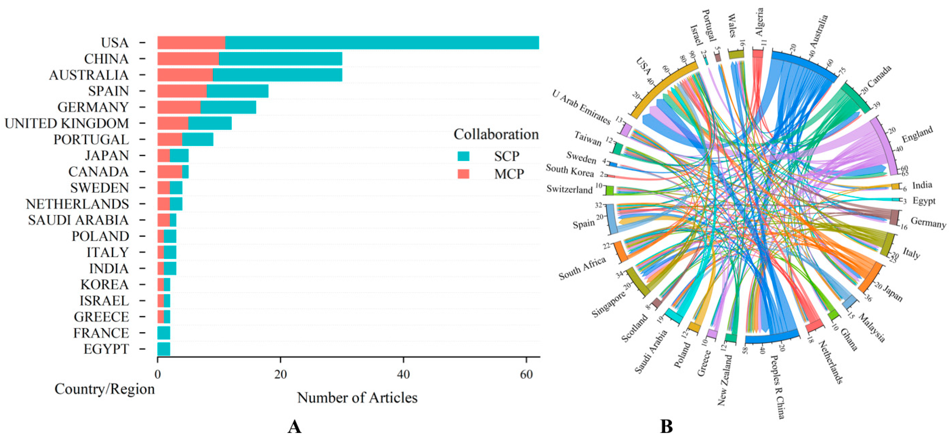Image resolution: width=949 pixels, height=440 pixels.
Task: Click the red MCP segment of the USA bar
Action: tap(191, 43)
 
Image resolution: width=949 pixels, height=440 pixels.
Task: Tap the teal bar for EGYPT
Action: tap(164, 349)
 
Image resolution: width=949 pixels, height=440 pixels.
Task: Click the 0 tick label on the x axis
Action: tap(158, 374)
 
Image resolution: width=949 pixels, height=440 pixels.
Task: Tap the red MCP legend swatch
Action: tap(463, 174)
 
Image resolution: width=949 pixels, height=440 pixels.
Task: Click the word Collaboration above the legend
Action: tap(496, 134)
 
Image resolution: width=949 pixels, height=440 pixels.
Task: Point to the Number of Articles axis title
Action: tap(357, 398)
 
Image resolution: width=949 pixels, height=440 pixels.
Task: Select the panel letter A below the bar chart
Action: tap(294, 427)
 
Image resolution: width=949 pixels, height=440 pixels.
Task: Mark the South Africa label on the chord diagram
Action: tap(582, 268)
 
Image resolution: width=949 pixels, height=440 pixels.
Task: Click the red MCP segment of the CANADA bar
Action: tap(170, 172)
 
